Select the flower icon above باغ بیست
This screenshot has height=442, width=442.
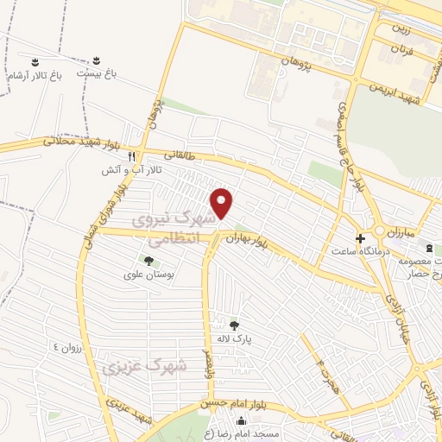(97, 61)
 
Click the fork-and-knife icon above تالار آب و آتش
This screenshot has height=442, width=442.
(131, 156)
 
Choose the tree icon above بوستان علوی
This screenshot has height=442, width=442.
(148, 259)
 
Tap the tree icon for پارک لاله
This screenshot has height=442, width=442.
(234, 325)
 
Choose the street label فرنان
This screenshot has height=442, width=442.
(402, 50)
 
